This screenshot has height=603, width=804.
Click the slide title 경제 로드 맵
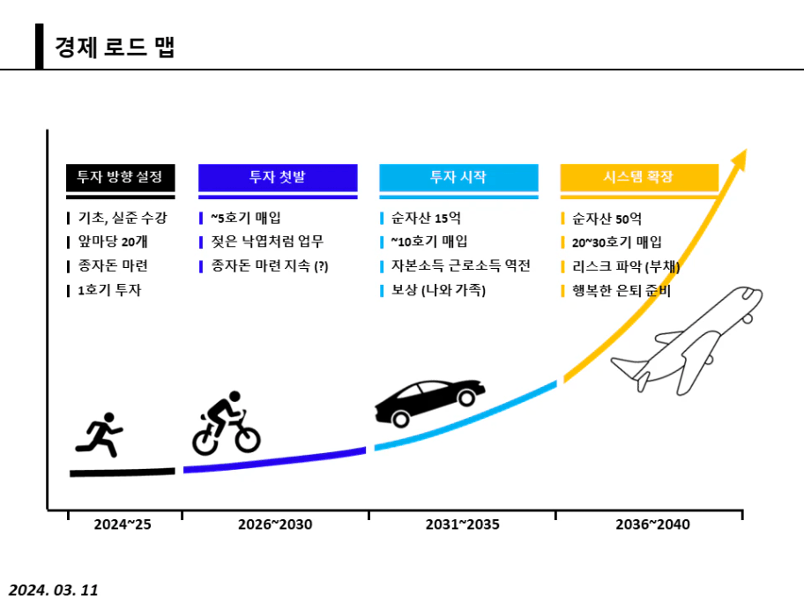click(x=115, y=47)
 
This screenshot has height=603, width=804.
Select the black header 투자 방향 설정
click(x=120, y=176)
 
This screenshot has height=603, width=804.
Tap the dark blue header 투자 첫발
click(x=278, y=176)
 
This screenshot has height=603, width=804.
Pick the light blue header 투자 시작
click(x=458, y=176)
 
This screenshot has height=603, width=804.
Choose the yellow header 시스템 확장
click(x=639, y=176)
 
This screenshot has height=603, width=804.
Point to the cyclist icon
click(x=227, y=422)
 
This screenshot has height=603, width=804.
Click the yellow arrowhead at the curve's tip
click(x=739, y=161)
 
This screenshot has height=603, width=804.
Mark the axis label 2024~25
click(x=123, y=525)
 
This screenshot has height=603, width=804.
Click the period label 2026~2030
click(x=275, y=525)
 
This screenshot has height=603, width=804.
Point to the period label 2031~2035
click(x=462, y=525)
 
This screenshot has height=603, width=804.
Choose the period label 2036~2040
click(x=652, y=525)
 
